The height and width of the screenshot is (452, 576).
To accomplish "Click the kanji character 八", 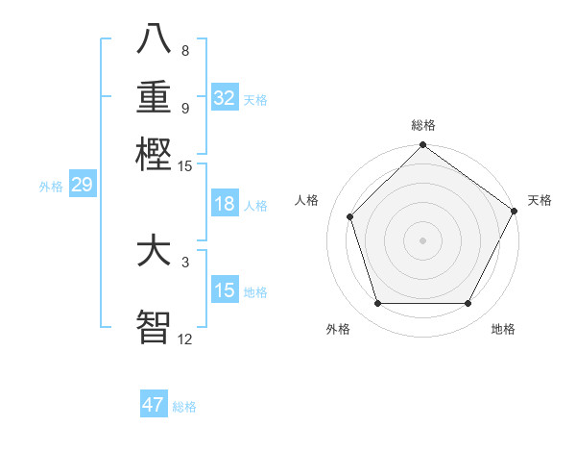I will pyautogui.click(x=154, y=39).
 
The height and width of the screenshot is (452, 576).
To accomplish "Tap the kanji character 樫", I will pyautogui.click(x=154, y=153).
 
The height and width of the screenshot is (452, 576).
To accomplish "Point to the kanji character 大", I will pyautogui.click(x=154, y=252).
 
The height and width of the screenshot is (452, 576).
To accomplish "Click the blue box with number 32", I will pyautogui.click(x=225, y=98).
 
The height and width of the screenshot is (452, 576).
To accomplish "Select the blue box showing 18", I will pyautogui.click(x=225, y=204).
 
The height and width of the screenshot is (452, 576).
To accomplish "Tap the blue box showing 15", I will pyautogui.click(x=225, y=290).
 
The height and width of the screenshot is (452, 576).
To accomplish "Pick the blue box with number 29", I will pyautogui.click(x=82, y=186).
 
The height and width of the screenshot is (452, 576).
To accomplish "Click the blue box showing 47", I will pyautogui.click(x=154, y=405).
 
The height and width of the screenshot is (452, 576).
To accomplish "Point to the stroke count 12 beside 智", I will pyautogui.click(x=184, y=339).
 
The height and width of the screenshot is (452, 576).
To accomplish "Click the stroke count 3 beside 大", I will pyautogui.click(x=184, y=262).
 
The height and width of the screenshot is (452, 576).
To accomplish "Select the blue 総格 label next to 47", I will pyautogui.click(x=184, y=407).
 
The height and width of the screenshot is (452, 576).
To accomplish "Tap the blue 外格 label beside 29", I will pyautogui.click(x=51, y=187).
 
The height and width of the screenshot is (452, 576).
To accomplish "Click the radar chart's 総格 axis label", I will pyautogui.click(x=422, y=125).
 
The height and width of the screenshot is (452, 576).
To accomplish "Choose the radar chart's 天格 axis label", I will pyautogui.click(x=540, y=200).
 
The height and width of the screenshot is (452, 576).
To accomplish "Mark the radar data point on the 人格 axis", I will pyautogui.click(x=350, y=216).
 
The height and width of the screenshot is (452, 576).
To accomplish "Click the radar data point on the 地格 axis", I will pyautogui.click(x=468, y=304).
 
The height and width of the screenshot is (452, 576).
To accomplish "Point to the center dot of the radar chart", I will pyautogui.click(x=422, y=239).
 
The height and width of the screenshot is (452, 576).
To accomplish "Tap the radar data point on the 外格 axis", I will pyautogui.click(x=377, y=304).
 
